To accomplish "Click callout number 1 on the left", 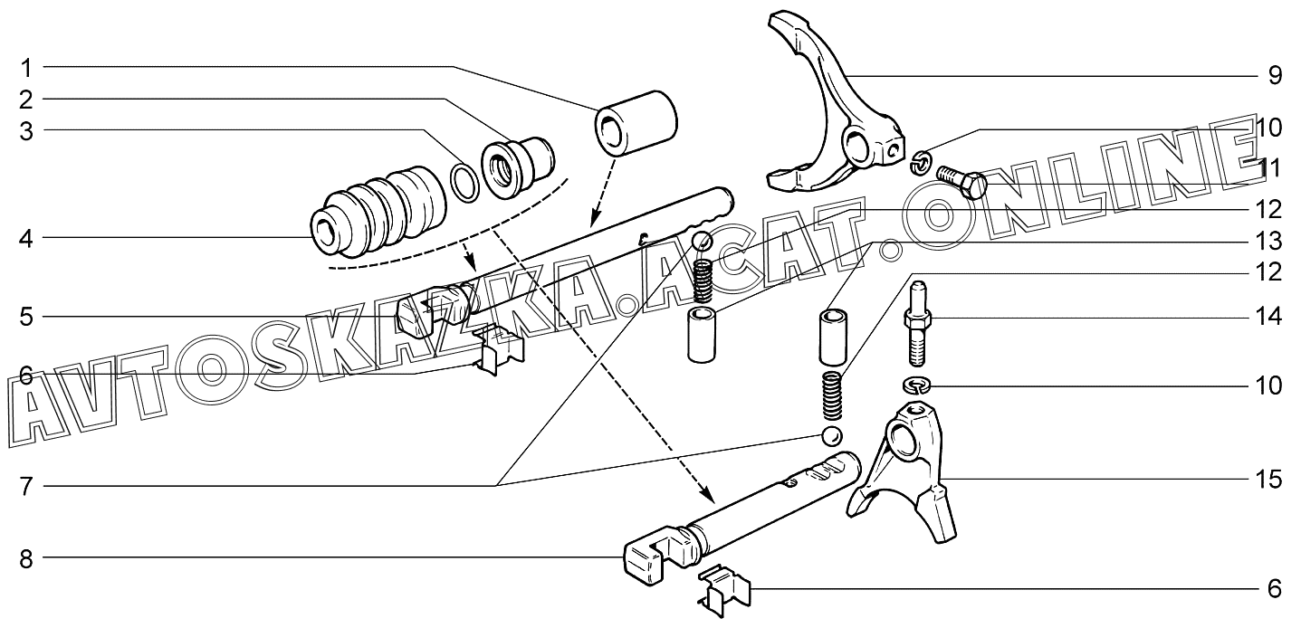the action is coord(26,69).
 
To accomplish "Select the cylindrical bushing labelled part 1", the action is coord(636,123).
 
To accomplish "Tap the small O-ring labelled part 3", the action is coord(464,182).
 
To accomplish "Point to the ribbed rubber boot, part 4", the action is coord(378,213).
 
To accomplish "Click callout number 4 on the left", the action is coord(26,239).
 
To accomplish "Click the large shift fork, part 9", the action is coord(837,104).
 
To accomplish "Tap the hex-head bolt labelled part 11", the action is coord(962,181).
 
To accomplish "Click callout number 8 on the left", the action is coord(26,559).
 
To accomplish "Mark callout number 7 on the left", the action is coord(26,486).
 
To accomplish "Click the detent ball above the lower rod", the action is coord(831,436).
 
